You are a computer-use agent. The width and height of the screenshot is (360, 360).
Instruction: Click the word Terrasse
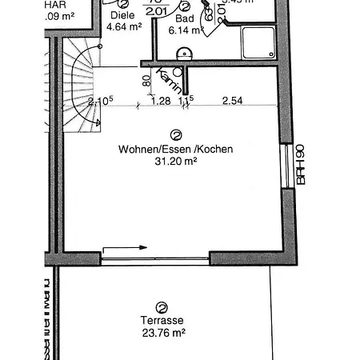click(162, 321)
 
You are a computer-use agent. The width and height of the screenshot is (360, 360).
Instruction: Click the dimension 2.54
click(232, 101)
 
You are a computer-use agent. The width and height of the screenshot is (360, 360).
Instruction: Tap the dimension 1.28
click(161, 101)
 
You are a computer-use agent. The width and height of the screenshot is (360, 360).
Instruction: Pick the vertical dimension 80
click(146, 81)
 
